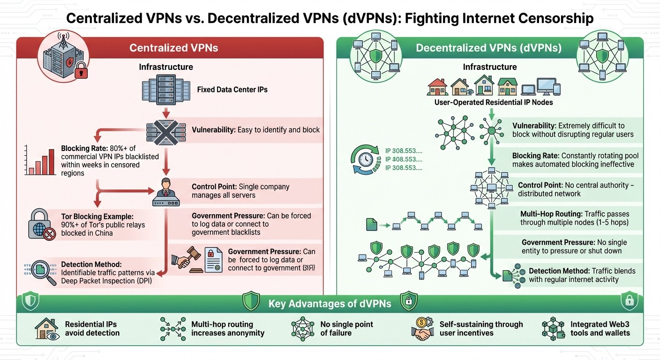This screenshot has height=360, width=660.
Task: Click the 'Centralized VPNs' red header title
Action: pyautogui.click(x=173, y=48)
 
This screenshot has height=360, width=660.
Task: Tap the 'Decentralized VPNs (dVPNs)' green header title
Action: pyautogui.click(x=489, y=48)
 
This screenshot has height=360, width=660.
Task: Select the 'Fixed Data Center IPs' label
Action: pyautogui.click(x=232, y=89)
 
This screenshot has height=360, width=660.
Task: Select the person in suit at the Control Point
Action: pyautogui.click(x=166, y=185)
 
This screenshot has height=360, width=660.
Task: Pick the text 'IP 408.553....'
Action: pyautogui.click(x=404, y=159)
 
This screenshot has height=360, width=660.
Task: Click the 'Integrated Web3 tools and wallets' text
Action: pyautogui.click(x=600, y=329)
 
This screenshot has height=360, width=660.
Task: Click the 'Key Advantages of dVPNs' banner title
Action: pyautogui.click(x=330, y=304)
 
